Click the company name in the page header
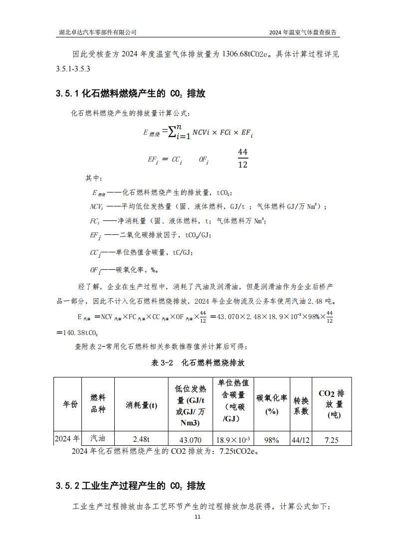tap(98, 32)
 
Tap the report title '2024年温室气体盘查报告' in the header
tap(303, 32)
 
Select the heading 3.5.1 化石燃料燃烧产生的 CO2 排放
tap(131, 94)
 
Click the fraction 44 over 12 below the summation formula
tap(243, 158)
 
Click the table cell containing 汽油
tap(98, 438)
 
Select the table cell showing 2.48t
tap(141, 439)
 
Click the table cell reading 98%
tap(272, 440)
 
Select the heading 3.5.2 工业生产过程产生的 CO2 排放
tap(131, 486)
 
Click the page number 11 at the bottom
tap(198, 517)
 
